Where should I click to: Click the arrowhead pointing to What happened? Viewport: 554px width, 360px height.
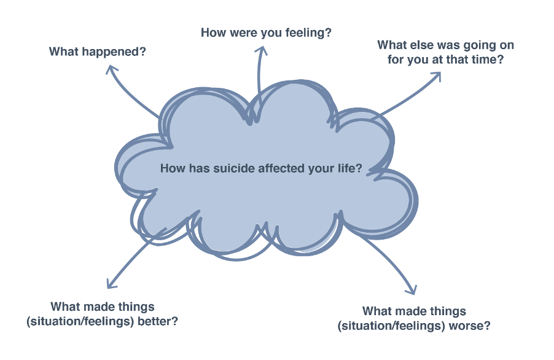point(112,69)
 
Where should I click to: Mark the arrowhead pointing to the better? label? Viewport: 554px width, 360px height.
point(111,284)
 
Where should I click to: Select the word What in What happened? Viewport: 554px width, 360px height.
point(64,52)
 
